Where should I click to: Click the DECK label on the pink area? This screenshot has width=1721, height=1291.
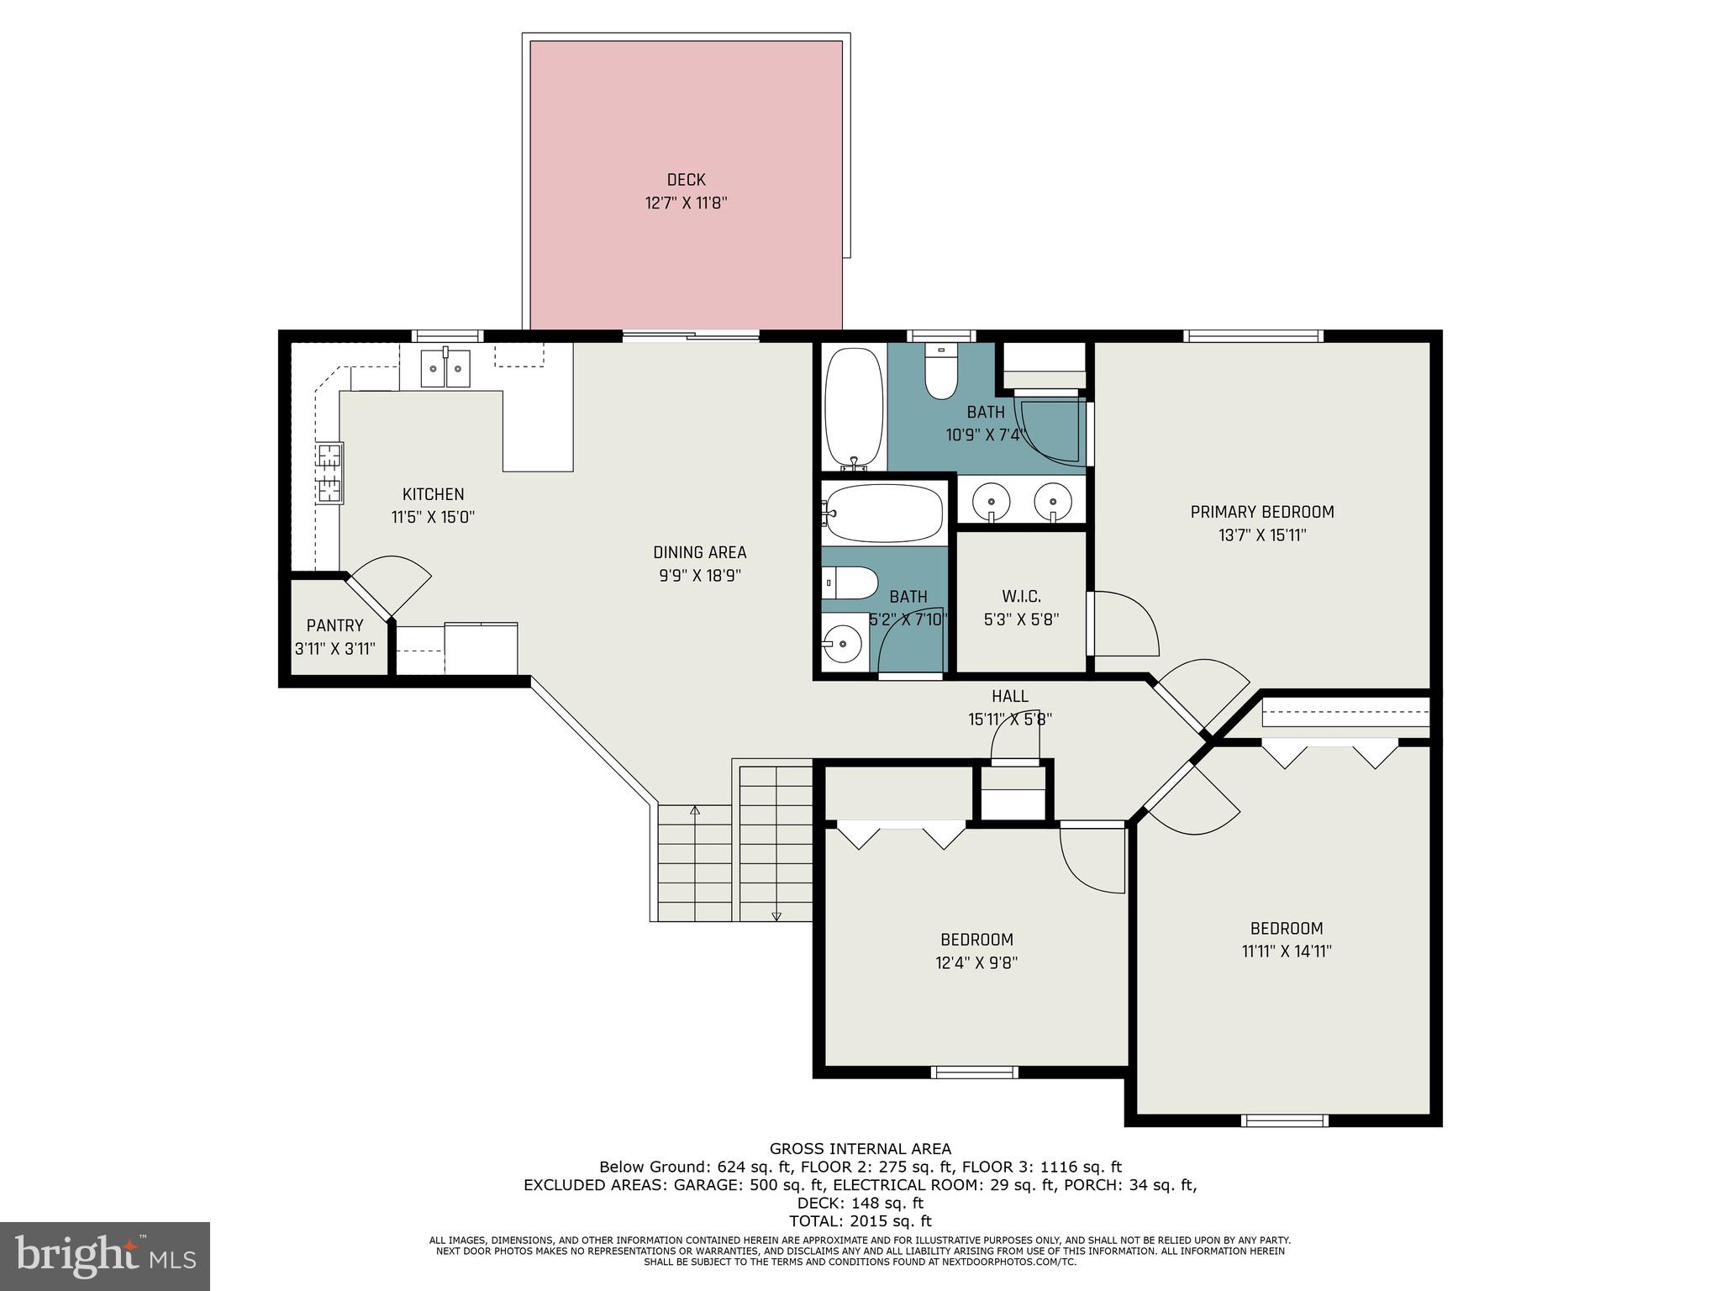686,180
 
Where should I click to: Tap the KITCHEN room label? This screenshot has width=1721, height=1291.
433,494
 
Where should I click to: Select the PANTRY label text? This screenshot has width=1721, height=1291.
334,625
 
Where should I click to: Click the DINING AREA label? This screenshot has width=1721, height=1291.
699,552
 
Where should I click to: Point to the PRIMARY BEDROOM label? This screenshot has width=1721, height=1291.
1262,512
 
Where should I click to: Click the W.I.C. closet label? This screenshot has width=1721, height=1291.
1021,597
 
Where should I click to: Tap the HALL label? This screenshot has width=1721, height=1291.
1009,696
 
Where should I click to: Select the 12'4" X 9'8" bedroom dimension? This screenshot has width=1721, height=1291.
976,963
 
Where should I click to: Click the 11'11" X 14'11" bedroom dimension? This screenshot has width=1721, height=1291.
1287,951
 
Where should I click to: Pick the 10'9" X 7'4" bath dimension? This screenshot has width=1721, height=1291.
987,435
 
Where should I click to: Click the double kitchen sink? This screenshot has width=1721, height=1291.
446,366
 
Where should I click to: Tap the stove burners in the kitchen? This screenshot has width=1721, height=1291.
329,473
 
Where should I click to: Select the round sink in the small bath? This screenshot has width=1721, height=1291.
842,645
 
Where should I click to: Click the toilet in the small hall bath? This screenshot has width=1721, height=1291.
850,582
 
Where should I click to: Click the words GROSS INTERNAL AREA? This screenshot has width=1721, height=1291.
860,1149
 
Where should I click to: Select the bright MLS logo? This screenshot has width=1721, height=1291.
105,1255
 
